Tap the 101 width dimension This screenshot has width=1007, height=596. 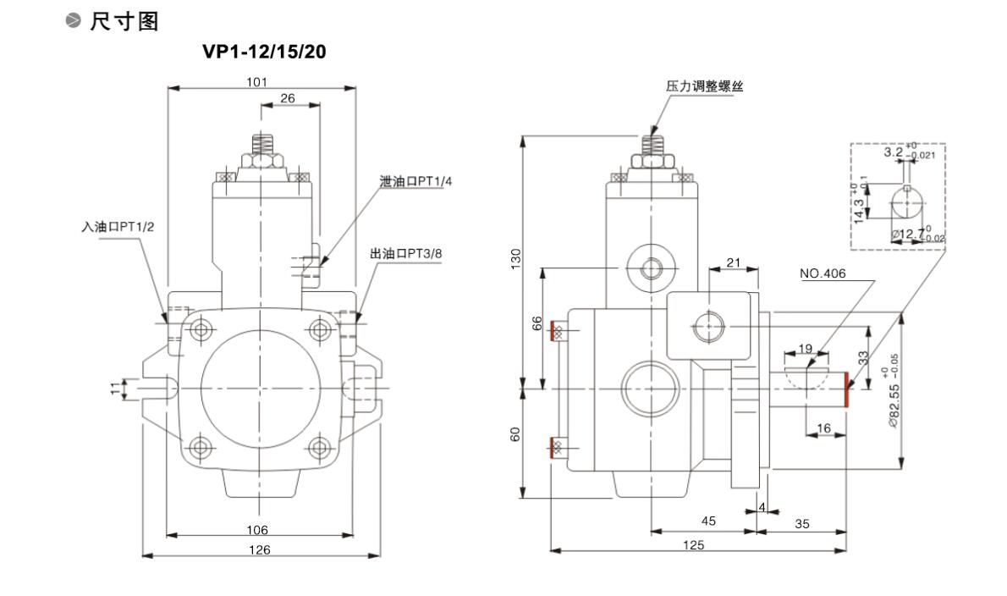click(x=257, y=82)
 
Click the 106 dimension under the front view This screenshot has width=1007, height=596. click(x=257, y=530)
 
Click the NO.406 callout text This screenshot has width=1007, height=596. click(x=823, y=273)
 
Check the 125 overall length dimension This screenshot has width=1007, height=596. click(x=694, y=545)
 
